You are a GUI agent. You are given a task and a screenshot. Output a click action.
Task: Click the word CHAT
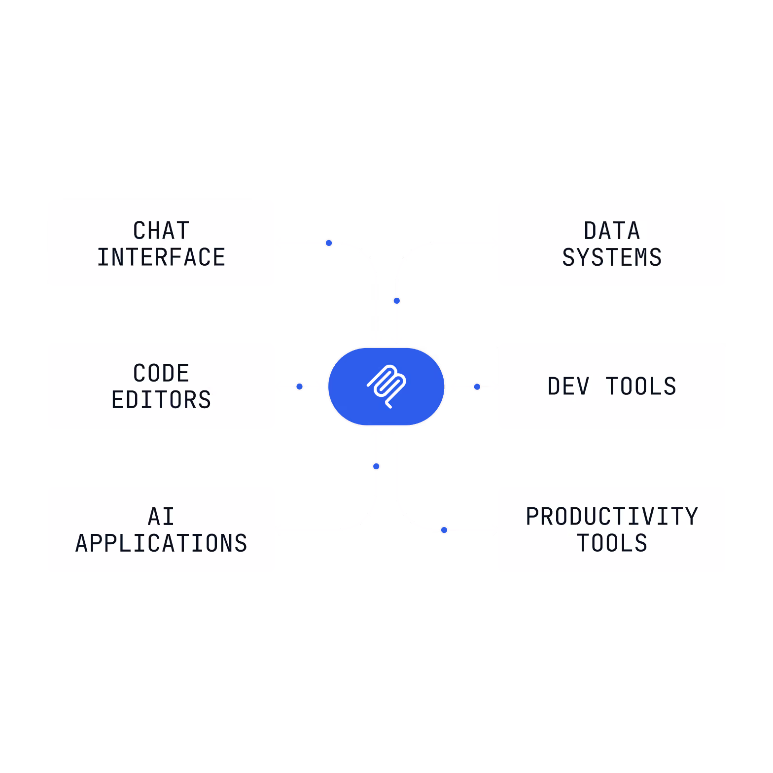coord(161,231)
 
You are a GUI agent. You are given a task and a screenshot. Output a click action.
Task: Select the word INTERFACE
coord(161,257)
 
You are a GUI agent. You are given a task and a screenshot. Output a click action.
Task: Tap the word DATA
coord(612,231)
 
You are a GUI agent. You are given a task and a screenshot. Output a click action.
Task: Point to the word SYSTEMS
coord(612,257)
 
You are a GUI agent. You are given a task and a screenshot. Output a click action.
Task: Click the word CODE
coord(161,373)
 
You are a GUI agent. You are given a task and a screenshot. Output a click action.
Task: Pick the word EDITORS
coord(161,400)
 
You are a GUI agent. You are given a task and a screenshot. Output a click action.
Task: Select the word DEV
coord(568,386)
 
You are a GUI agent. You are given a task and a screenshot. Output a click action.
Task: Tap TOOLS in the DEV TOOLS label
coord(641,386)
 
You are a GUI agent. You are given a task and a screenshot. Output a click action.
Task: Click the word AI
coord(161,517)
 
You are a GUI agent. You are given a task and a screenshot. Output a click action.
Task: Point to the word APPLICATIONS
coord(161,543)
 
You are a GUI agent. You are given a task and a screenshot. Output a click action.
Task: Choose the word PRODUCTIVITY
coord(612,517)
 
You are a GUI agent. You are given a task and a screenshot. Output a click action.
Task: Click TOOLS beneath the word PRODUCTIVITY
coord(612,543)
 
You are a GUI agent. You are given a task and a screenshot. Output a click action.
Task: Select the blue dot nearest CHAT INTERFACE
coord(329,243)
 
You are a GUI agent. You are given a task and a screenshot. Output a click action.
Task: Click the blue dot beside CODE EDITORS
coord(299,386)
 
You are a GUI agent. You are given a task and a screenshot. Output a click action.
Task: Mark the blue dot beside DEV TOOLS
coord(477,387)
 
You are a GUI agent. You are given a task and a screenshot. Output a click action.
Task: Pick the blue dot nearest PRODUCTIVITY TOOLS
coord(444,530)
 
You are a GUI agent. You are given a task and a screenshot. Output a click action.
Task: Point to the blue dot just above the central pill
coord(397,301)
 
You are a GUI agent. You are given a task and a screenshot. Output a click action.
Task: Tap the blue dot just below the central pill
coord(376,466)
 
